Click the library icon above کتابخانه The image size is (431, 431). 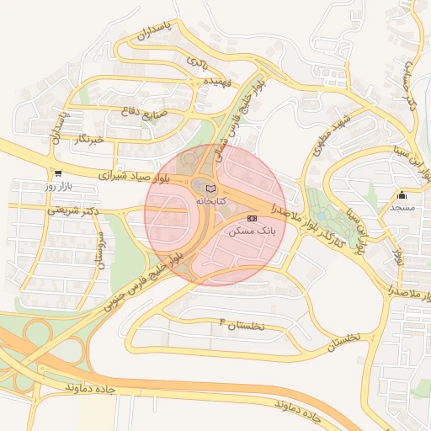[211, 187]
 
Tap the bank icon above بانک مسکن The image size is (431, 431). [252, 217]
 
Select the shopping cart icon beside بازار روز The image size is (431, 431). [56, 173]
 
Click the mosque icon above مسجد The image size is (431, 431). [402, 195]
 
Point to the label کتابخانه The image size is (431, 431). [211, 201]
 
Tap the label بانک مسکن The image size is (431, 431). [252, 230]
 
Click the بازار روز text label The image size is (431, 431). [60, 186]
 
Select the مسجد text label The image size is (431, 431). [402, 207]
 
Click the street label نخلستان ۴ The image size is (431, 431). [242, 325]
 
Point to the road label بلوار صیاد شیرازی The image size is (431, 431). [134, 177]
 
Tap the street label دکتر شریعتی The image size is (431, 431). [70, 210]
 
